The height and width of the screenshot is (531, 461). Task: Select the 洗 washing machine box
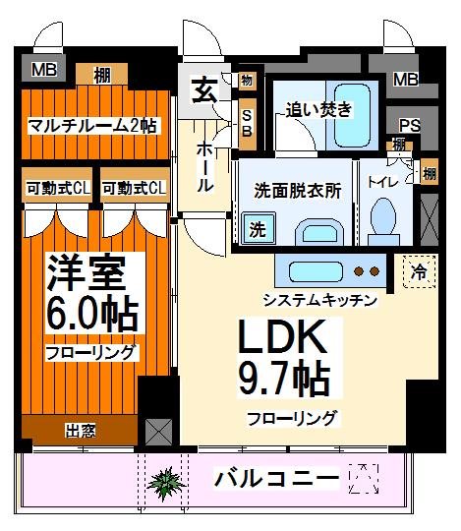pos(257,231)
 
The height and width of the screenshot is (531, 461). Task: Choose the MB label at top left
pos(44,70)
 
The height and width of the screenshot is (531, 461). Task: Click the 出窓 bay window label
pos(80,430)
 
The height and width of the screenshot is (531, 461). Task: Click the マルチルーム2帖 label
pos(90,126)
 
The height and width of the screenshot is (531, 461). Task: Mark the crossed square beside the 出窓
pos(157,430)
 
